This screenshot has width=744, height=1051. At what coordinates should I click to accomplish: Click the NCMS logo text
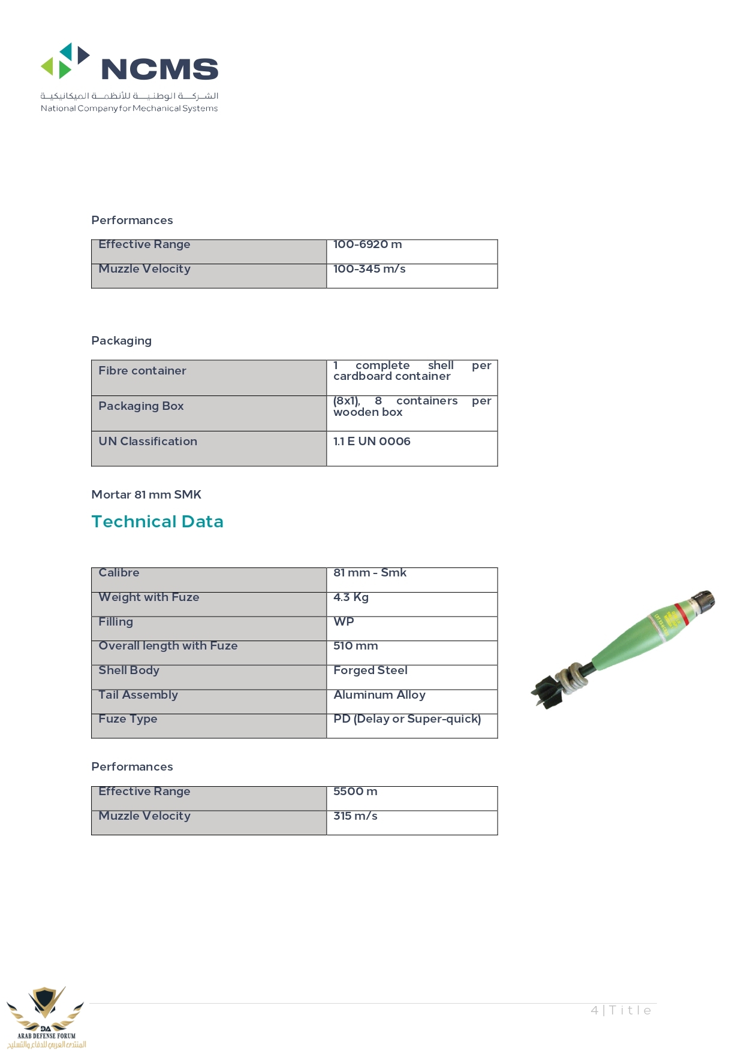coord(159,70)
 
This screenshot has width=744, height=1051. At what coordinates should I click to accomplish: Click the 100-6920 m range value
coord(368,244)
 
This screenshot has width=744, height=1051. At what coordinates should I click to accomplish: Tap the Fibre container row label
coord(142,371)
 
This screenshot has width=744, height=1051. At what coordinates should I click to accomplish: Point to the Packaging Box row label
coord(141,406)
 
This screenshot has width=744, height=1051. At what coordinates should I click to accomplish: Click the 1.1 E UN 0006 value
coord(372,442)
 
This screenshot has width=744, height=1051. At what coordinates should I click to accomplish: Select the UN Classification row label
coord(147,442)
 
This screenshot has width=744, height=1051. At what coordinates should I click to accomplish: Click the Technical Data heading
coord(157,522)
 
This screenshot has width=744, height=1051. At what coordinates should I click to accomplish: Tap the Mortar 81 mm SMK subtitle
coord(146,495)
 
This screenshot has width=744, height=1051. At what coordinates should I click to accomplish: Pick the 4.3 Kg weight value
coord(351,597)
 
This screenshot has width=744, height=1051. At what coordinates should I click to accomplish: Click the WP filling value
coord(344,622)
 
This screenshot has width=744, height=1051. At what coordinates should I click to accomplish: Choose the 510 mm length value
coord(356,646)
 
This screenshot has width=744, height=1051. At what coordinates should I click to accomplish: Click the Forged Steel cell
coord(370,671)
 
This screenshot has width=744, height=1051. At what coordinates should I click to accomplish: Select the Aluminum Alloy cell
coord(379,695)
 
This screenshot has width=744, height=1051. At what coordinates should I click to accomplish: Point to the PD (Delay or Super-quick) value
coord(407,719)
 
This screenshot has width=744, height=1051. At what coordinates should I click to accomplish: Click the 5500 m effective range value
coord(355,792)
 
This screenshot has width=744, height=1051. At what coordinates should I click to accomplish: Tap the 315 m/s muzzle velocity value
coord(355,816)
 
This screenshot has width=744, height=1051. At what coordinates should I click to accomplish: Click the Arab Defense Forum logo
coord(46,1017)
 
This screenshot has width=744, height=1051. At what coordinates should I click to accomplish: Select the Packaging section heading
coord(121,341)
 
